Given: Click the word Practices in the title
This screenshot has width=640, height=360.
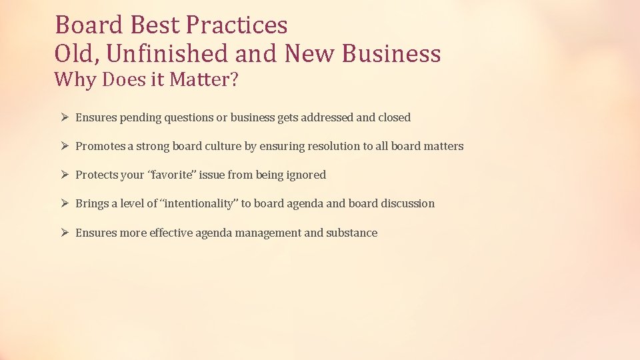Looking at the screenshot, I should (x=237, y=25).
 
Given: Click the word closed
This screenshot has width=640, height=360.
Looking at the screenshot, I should (x=394, y=117).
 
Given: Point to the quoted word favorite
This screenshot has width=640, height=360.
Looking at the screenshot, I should (x=169, y=175).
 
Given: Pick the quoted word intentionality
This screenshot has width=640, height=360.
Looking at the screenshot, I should (x=199, y=203).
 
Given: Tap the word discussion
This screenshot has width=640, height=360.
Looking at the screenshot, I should (x=407, y=203).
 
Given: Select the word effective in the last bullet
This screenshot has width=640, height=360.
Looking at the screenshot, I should (x=171, y=233).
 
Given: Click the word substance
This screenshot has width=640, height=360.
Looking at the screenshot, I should (x=351, y=233).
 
